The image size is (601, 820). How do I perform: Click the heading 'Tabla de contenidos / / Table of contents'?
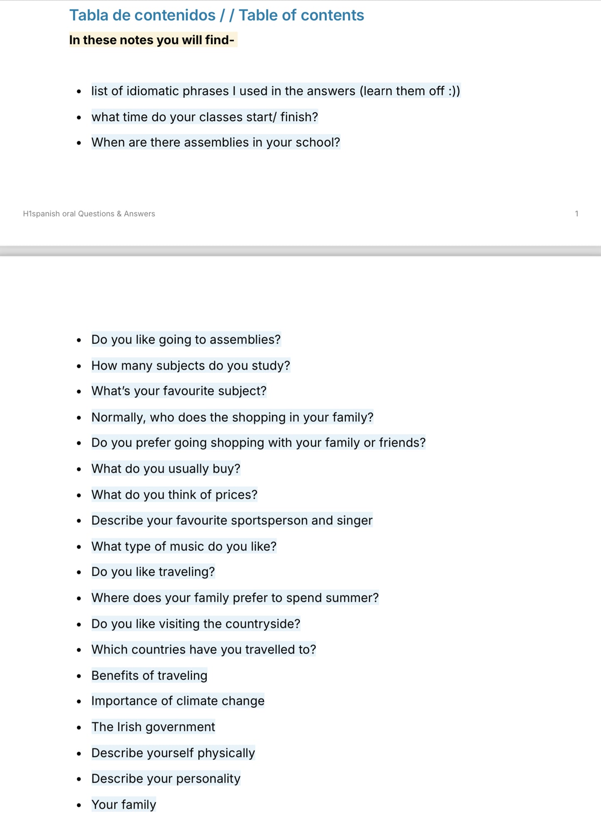(216, 15)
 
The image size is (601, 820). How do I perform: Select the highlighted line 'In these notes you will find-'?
(152, 40)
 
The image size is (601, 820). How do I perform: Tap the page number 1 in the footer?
(576, 214)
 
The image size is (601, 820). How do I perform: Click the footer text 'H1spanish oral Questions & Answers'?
(89, 214)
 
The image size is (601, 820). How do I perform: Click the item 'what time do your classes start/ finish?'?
(205, 117)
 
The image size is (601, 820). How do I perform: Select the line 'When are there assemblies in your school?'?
(215, 142)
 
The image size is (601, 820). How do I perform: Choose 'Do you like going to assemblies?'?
(186, 340)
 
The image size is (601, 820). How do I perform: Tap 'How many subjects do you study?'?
(190, 365)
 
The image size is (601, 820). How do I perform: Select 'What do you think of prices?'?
(174, 494)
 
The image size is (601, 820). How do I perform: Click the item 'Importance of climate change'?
(178, 701)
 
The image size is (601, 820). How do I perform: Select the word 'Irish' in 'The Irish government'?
(129, 727)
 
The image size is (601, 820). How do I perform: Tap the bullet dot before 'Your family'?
(79, 805)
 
